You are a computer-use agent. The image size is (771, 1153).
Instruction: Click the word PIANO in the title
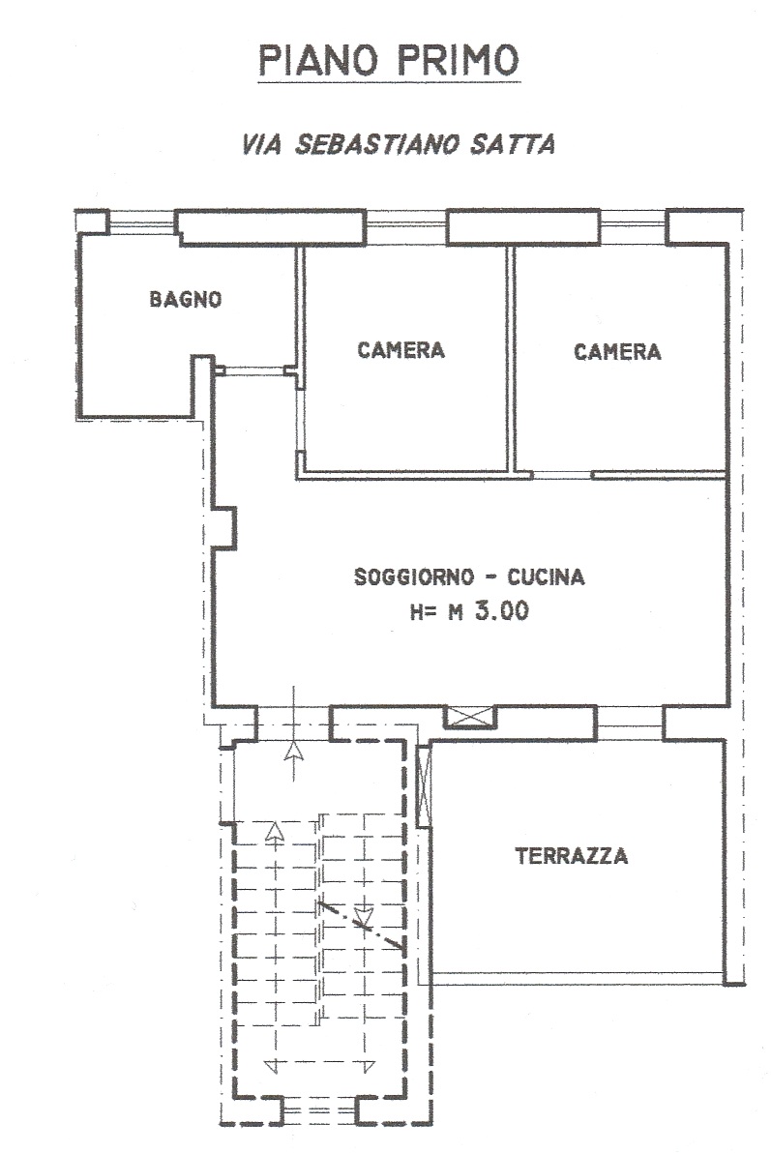click(318, 60)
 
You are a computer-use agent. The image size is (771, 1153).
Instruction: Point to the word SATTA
click(513, 144)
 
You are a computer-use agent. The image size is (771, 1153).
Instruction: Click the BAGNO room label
click(186, 299)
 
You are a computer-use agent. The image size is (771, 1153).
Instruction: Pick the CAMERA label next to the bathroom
click(400, 350)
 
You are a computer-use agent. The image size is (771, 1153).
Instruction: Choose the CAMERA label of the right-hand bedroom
click(617, 351)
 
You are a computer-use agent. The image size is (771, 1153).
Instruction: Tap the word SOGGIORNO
click(414, 576)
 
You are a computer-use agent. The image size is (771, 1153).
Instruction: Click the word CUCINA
click(546, 576)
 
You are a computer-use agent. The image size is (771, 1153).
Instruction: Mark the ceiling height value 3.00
click(502, 611)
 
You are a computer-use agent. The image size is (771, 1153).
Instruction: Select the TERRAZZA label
click(572, 856)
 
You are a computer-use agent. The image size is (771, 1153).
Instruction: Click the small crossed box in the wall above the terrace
click(469, 717)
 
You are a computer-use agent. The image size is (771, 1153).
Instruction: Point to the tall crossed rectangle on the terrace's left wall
click(424, 785)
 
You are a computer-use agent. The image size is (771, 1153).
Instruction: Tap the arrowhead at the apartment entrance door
click(294, 751)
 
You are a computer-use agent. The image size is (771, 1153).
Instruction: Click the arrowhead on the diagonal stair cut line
click(363, 917)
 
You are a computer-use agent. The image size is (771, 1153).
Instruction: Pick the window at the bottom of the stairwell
click(320, 1110)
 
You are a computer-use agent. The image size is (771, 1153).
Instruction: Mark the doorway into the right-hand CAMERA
click(562, 475)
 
